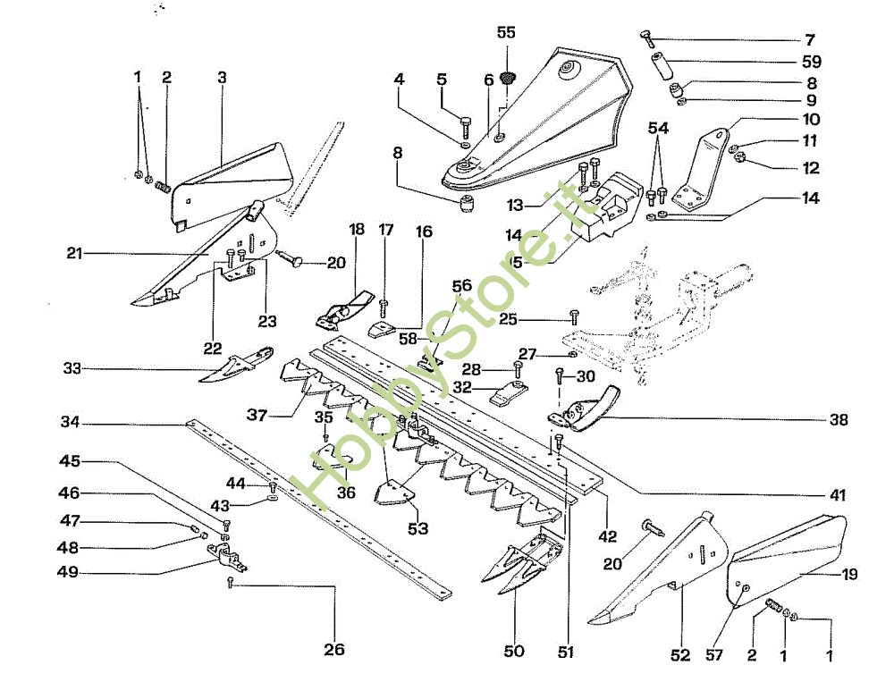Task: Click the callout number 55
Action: click(x=506, y=32)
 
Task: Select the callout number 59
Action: click(x=812, y=63)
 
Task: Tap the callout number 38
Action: click(x=838, y=419)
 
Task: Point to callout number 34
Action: click(x=72, y=422)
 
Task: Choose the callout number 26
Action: click(x=333, y=650)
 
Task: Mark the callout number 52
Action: click(x=681, y=655)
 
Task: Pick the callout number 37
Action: click(x=257, y=414)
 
